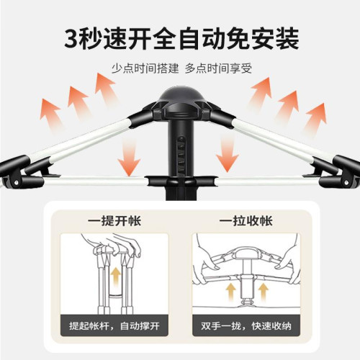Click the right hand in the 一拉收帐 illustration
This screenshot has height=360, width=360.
click(x=287, y=257)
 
